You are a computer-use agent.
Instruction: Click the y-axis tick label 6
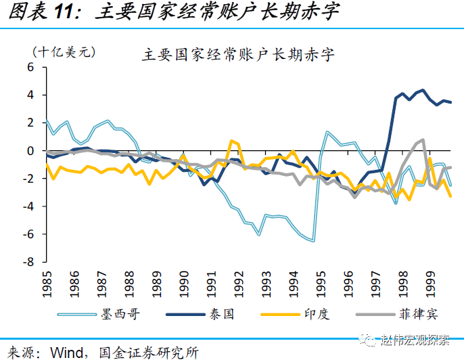[30, 67]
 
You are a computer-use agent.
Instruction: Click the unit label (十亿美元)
[64, 51]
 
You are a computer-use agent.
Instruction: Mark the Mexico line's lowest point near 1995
[313, 241]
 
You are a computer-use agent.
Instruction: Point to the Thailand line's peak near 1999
[423, 89]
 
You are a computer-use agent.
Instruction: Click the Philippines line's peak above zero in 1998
[423, 139]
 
